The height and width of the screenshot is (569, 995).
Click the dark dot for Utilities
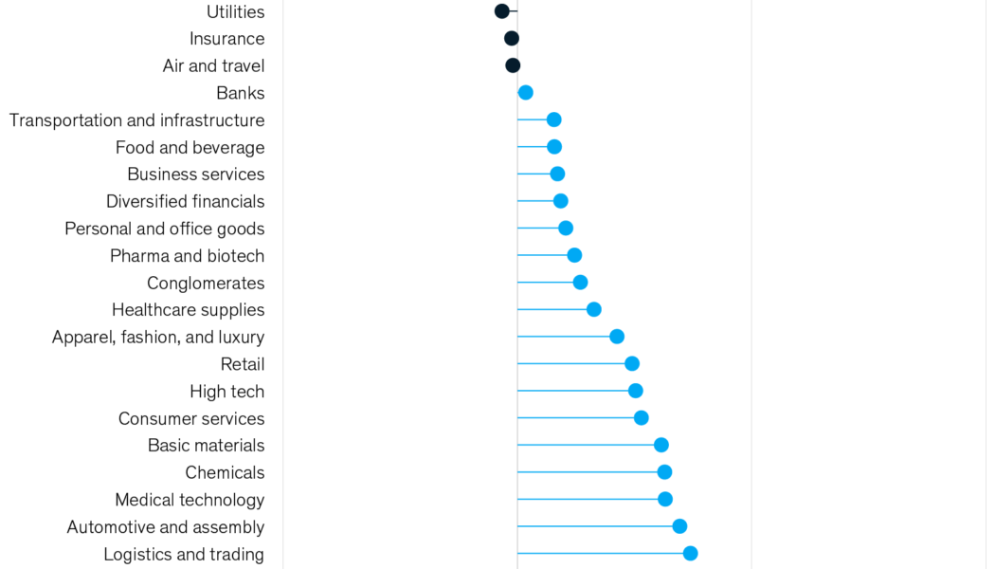(x=502, y=11)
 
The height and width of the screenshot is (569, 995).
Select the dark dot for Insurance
(x=512, y=39)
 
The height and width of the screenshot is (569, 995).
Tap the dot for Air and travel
(x=513, y=65)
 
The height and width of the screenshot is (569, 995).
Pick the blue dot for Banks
(x=525, y=93)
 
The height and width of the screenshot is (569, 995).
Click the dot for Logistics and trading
(x=690, y=554)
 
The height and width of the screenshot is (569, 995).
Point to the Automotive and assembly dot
(x=679, y=526)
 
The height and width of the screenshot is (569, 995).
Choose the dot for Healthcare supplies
(x=594, y=309)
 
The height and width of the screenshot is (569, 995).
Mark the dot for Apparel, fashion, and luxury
(x=617, y=337)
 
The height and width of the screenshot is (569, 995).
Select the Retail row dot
(x=632, y=363)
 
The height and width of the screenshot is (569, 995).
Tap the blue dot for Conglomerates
(x=581, y=283)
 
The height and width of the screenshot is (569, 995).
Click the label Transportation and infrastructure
(x=136, y=120)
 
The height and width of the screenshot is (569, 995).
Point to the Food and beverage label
(x=190, y=148)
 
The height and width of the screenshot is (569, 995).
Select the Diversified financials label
(x=185, y=202)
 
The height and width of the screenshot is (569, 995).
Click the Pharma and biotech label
(x=187, y=256)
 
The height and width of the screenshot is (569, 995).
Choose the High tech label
(x=226, y=392)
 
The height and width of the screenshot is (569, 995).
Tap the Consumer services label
(x=191, y=419)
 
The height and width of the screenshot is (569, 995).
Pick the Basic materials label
(x=206, y=446)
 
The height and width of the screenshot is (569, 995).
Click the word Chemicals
(x=225, y=472)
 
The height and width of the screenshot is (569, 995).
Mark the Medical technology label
(x=190, y=500)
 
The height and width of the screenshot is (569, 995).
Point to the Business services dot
(x=557, y=174)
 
